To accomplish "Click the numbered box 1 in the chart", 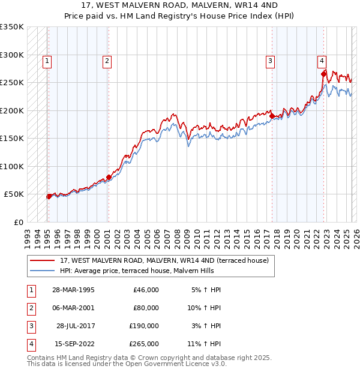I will (47, 60).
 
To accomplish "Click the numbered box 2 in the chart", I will (106, 60).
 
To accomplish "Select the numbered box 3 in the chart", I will (271, 60).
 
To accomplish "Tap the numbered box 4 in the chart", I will (322, 60).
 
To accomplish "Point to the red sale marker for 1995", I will (49, 196).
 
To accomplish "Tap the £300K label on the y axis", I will (12, 55).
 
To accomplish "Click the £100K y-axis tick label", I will (12, 166).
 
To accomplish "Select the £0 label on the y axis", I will (18, 222).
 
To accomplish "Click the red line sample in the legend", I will (43, 260).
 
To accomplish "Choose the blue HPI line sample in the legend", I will (43, 271).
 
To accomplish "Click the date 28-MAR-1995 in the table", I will (73, 290).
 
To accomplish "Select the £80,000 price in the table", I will (146, 308).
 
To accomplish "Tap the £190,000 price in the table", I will (144, 326).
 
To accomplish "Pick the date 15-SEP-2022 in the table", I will (74, 344).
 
